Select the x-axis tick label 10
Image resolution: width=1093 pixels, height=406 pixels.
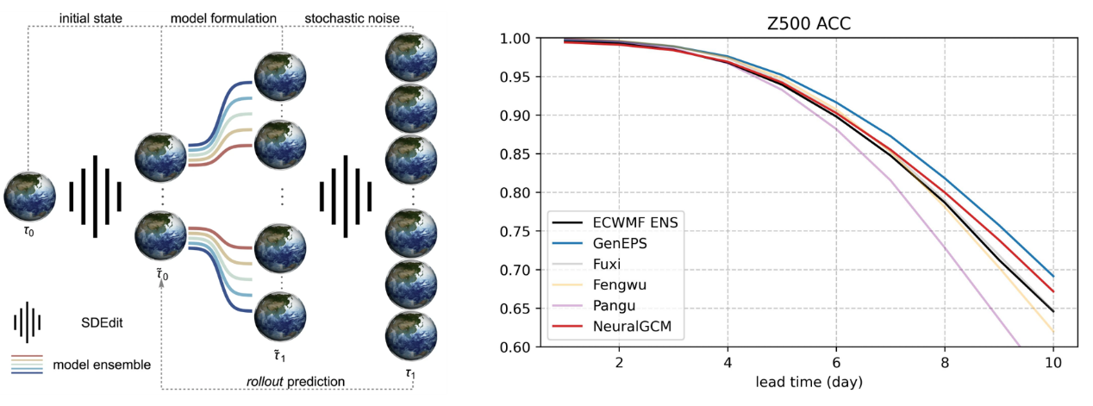(x=1054, y=362)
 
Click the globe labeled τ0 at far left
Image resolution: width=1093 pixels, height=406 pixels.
(x=29, y=195)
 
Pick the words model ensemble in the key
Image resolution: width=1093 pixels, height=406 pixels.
(x=101, y=365)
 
